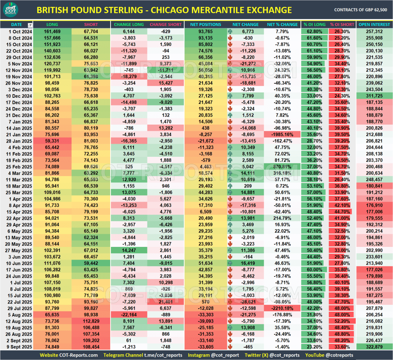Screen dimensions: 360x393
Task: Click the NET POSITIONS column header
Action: pos(205,25)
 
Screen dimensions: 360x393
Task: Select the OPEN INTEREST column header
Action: pos(374,25)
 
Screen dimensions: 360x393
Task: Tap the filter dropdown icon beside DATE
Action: pos(30,25)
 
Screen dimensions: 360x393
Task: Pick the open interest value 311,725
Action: pos(374,96)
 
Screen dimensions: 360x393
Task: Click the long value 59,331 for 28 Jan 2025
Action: pos(52,141)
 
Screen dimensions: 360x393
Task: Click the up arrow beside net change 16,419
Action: pos(231,263)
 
